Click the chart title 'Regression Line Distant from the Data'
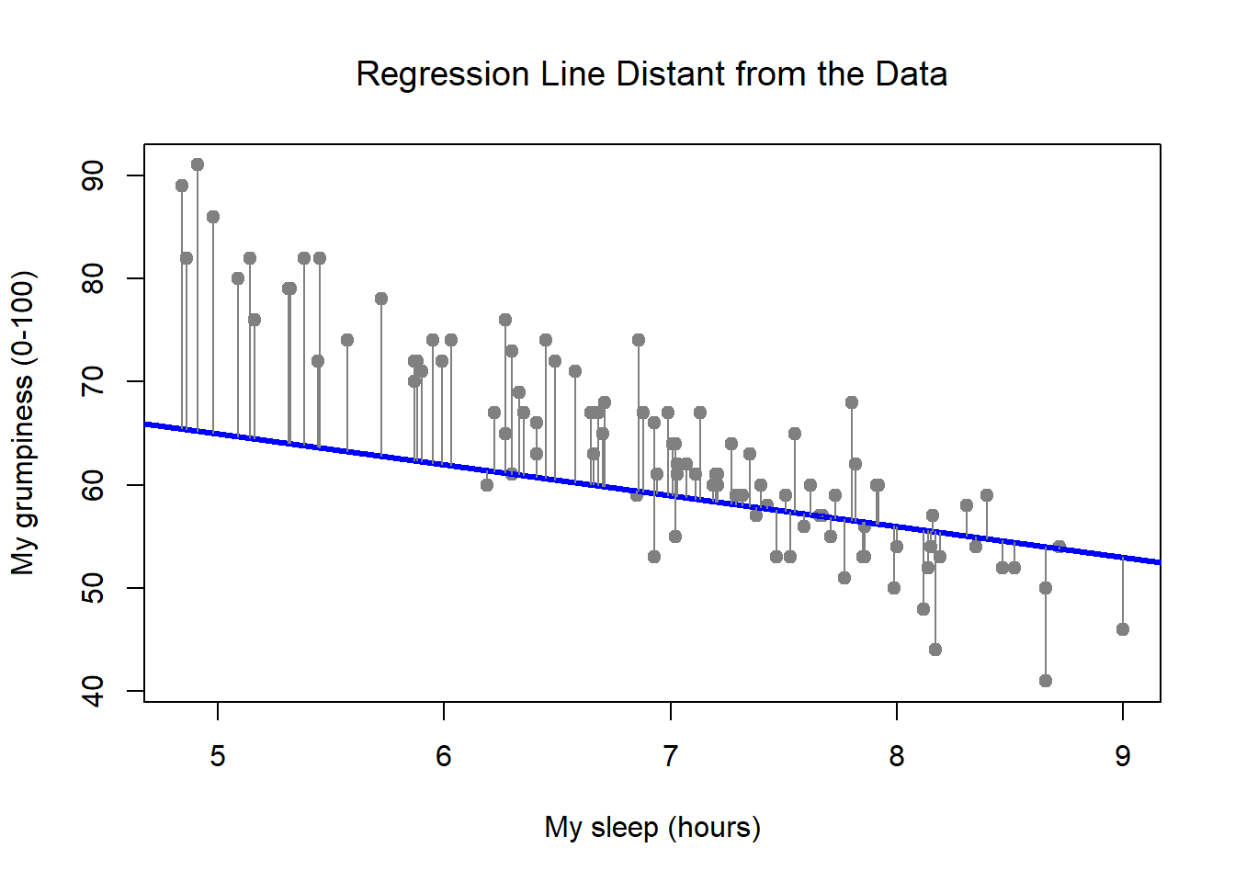tap(651, 74)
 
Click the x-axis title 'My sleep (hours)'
tap(652, 827)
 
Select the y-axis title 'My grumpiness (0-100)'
tap(23, 423)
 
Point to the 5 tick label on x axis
tap(218, 756)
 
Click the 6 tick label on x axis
tap(444, 756)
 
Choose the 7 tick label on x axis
tap(671, 756)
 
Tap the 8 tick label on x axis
tap(897, 756)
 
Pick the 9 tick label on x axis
tap(1123, 756)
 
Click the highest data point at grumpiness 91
tap(198, 165)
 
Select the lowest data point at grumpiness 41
tap(1046, 681)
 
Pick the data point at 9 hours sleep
tap(1123, 629)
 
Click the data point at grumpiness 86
tap(213, 217)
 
